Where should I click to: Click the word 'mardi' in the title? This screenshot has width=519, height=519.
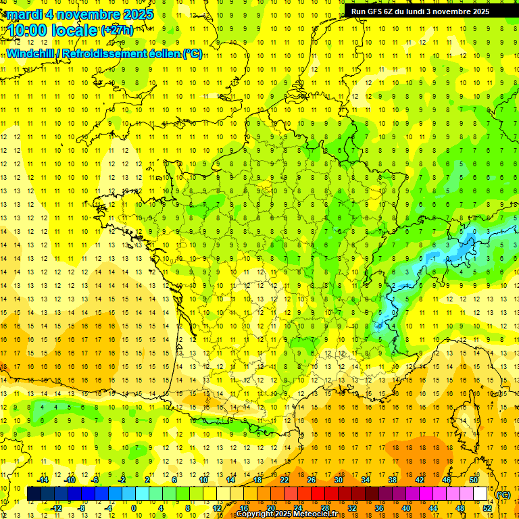[23, 14]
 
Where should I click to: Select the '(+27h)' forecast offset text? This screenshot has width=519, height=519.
[117, 30]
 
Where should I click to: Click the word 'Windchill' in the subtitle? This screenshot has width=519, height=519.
[32, 53]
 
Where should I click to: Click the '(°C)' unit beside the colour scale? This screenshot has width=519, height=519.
[503, 495]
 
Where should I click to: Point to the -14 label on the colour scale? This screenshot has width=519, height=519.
[43, 480]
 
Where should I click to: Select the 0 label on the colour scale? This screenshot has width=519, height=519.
[134, 508]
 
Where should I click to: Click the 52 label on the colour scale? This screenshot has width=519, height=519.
[487, 508]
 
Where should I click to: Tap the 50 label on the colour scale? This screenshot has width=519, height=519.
[473, 480]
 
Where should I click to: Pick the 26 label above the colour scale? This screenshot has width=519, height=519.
[311, 480]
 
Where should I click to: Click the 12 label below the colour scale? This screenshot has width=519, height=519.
[217, 508]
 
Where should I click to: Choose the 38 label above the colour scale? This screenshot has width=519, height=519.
[392, 480]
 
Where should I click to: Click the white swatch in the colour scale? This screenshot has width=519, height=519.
[480, 494]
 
